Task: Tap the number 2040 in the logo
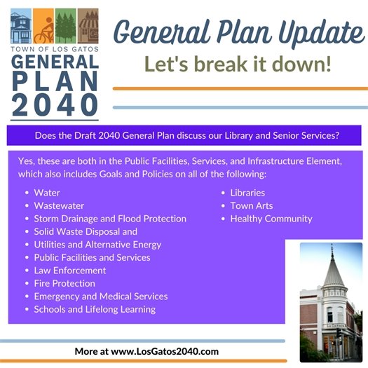tap(54, 103)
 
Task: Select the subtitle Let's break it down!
tap(238, 65)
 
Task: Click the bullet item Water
tap(47, 193)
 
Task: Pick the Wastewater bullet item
tap(59, 206)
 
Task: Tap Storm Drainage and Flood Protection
tap(110, 219)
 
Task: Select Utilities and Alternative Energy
tap(97, 245)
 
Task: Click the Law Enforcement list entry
tap(70, 271)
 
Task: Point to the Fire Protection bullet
tap(64, 283)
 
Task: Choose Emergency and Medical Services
tap(101, 297)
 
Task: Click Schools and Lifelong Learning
tap(95, 309)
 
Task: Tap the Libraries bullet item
tap(247, 193)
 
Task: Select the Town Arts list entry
tap(252, 206)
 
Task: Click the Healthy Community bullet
tap(271, 219)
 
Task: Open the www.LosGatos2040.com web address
tap(165, 350)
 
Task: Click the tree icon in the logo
tap(64, 27)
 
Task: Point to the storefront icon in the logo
tap(87, 27)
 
